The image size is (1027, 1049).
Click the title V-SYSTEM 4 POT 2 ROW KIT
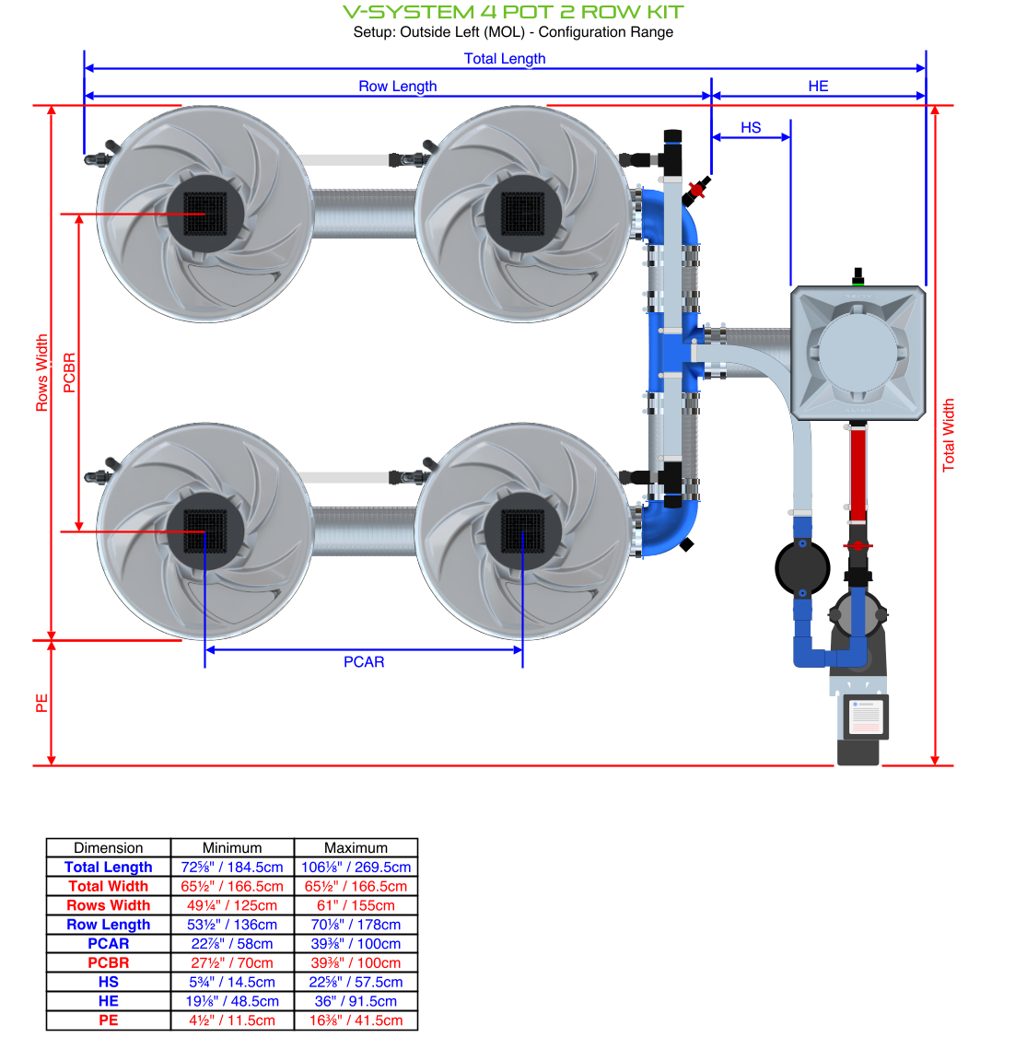[x=513, y=12]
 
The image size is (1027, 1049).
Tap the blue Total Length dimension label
[x=504, y=58]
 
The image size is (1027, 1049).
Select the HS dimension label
[x=751, y=127]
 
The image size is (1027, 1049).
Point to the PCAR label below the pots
[x=364, y=661]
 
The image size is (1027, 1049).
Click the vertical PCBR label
[x=70, y=373]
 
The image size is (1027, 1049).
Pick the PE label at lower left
[x=41, y=703]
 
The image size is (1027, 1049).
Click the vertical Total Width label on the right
[x=949, y=435]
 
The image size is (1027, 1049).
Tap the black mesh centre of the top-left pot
[x=205, y=215]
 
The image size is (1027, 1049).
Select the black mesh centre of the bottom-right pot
[x=522, y=531]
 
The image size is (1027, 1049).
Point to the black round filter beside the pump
[x=802, y=568]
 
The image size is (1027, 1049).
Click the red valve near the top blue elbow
[x=697, y=191]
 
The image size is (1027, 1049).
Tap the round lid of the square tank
[x=858, y=353]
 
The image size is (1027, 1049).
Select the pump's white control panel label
[x=865, y=717]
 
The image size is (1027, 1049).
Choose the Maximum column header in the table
[x=356, y=847]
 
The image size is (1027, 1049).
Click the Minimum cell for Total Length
[x=232, y=867]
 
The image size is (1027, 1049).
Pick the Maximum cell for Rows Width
[x=356, y=905]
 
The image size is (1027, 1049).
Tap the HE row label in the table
[x=109, y=1001]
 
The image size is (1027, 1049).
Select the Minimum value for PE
[x=232, y=1020]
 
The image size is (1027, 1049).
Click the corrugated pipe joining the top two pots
[x=364, y=214]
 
